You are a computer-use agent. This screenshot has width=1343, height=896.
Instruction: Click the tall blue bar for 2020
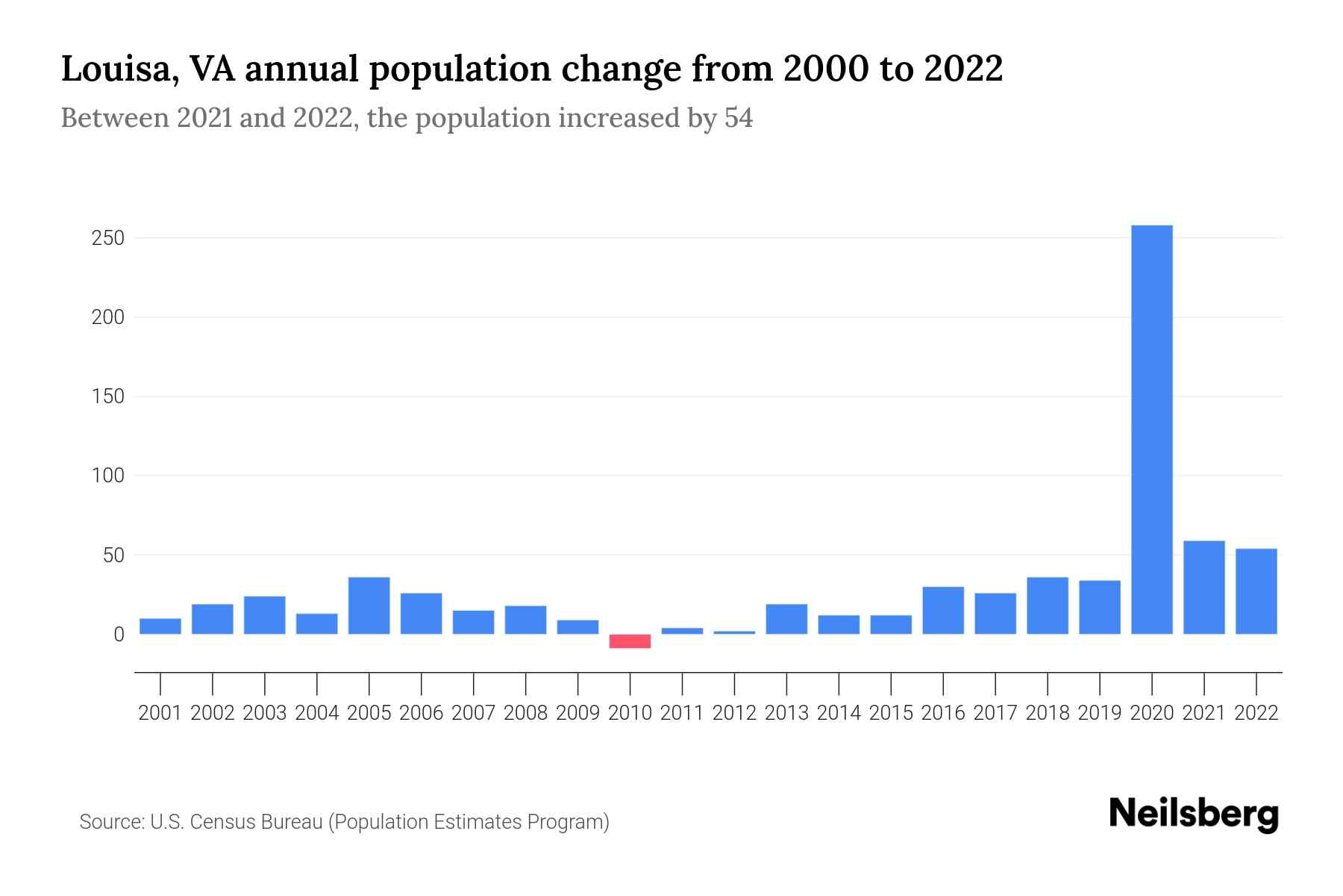pos(1151,429)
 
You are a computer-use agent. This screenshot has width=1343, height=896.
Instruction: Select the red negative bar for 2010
pos(630,641)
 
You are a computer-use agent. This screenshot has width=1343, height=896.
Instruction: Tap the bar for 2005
pos(369,606)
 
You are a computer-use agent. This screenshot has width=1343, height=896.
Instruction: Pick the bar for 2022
pos(1256,591)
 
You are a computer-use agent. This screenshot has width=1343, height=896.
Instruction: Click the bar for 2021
pos(1203,588)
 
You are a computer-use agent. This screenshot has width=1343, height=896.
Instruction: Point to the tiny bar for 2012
pos(734,632)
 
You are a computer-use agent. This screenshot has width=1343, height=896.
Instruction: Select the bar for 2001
pos(160,626)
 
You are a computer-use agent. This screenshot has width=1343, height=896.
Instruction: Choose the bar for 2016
pos(943,611)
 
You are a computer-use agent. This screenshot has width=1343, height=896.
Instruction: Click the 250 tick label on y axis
pos(108,238)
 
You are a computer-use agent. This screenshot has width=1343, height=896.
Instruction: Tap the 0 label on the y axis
pos(119,635)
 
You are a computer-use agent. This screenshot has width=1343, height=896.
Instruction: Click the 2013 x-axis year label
pos(786,713)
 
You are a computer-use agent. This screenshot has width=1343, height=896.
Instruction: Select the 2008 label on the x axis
pos(525,713)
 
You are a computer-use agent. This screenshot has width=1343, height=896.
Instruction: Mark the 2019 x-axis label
pos(1100,713)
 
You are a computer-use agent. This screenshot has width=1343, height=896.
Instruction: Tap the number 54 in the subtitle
pos(738,118)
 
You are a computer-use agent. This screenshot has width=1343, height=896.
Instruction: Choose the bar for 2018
pos(1047,606)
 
